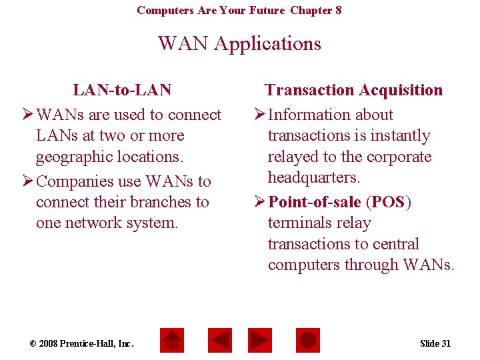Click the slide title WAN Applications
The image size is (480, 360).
point(239,44)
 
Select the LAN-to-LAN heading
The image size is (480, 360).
point(122,90)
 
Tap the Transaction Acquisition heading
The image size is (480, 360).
point(353,90)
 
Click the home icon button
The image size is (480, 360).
point(173,340)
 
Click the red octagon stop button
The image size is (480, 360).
point(307,340)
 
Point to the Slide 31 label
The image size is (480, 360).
point(435,343)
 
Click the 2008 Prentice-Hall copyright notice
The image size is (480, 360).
point(82,343)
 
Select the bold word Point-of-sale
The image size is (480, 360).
point(314,202)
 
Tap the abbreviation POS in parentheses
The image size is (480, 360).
point(389,202)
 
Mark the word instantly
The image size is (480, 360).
point(397,136)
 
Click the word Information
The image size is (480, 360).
point(311,115)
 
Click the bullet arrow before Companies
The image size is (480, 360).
point(27,181)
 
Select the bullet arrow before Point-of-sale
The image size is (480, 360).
point(259,202)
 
